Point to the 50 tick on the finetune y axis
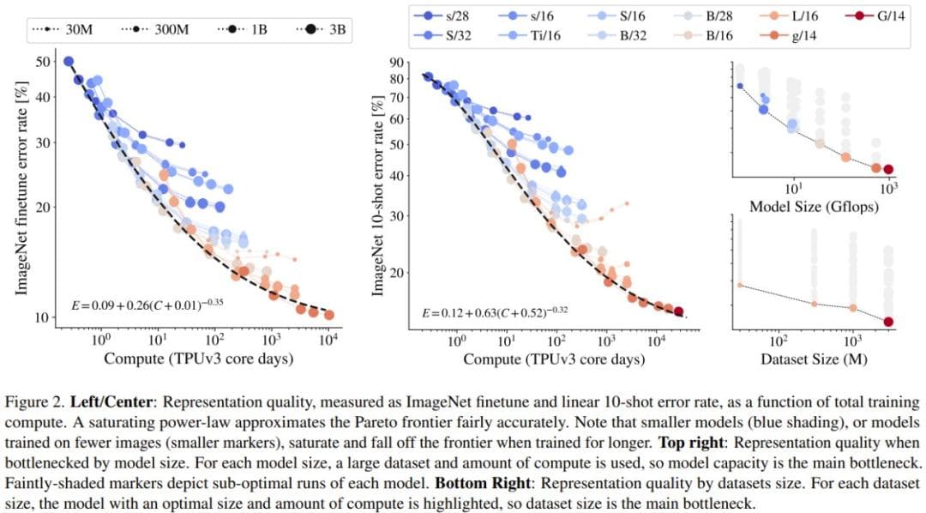point(42,62)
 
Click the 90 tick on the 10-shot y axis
point(396,63)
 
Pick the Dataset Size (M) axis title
point(813,359)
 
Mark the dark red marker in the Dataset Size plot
point(888,322)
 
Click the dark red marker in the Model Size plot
point(888,170)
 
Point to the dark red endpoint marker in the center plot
point(678,311)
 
